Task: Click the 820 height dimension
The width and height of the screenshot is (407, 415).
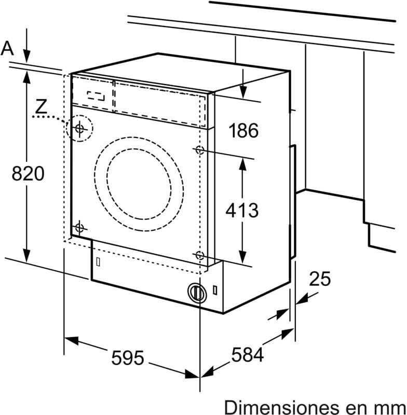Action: click(x=28, y=174)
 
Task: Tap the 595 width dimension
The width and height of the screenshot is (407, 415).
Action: click(x=128, y=358)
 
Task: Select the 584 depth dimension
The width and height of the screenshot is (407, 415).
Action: click(x=248, y=355)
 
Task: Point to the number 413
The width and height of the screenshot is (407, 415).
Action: click(x=242, y=210)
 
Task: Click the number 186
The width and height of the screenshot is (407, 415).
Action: click(x=243, y=131)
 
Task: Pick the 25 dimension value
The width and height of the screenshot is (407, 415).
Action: click(x=320, y=279)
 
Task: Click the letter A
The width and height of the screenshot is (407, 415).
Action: click(x=7, y=48)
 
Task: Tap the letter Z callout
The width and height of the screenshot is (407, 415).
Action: click(x=41, y=106)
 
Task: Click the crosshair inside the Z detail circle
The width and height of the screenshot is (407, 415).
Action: click(x=79, y=129)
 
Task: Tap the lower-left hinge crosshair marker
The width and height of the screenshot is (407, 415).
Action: click(x=79, y=228)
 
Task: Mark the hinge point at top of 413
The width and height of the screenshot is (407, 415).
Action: click(x=200, y=150)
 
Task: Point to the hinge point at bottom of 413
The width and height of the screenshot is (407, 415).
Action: click(x=200, y=256)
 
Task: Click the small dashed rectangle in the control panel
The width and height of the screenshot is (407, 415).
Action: click(x=96, y=96)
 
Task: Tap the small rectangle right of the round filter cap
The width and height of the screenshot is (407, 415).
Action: click(x=215, y=290)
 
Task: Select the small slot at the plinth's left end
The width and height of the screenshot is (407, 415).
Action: click(x=98, y=262)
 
